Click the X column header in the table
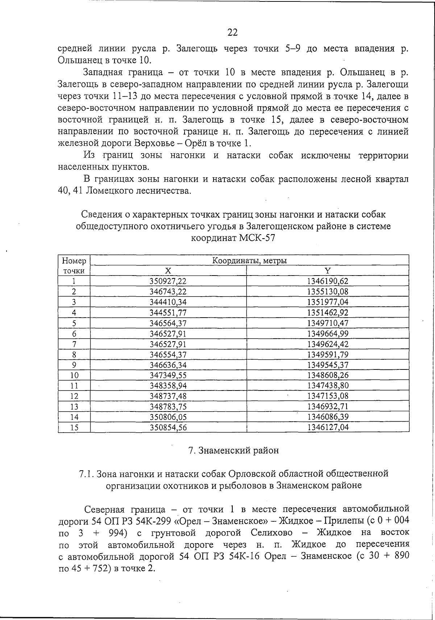[x=168, y=271]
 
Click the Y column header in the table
[x=327, y=271]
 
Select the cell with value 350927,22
[x=168, y=281]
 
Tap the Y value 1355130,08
[x=328, y=292]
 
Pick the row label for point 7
[x=74, y=344]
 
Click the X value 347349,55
[x=168, y=375]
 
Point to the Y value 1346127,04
[x=328, y=427]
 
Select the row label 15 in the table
[x=74, y=427]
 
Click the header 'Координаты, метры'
[x=249, y=261]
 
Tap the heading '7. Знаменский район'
[x=233, y=451]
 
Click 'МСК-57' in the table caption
[x=257, y=239]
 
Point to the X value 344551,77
[x=168, y=313]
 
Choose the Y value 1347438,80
[x=328, y=385]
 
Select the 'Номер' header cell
[x=74, y=261]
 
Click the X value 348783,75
[x=168, y=406]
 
